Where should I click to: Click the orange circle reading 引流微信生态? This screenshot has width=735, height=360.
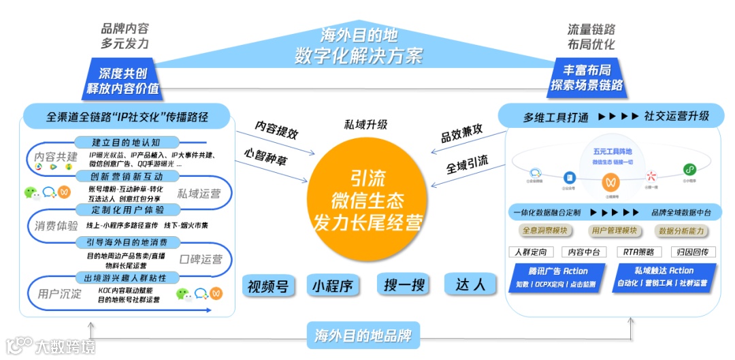367,200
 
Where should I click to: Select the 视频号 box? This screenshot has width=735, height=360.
268,285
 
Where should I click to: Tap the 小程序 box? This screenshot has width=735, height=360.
333,285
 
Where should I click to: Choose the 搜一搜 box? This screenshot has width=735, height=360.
404,285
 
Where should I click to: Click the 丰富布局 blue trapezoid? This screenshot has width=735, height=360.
586,78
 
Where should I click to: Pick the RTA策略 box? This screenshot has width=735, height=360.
638,252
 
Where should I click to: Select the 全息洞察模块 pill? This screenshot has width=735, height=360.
545,231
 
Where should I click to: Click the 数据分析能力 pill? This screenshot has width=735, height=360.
681,231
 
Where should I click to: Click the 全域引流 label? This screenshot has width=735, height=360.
467,163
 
